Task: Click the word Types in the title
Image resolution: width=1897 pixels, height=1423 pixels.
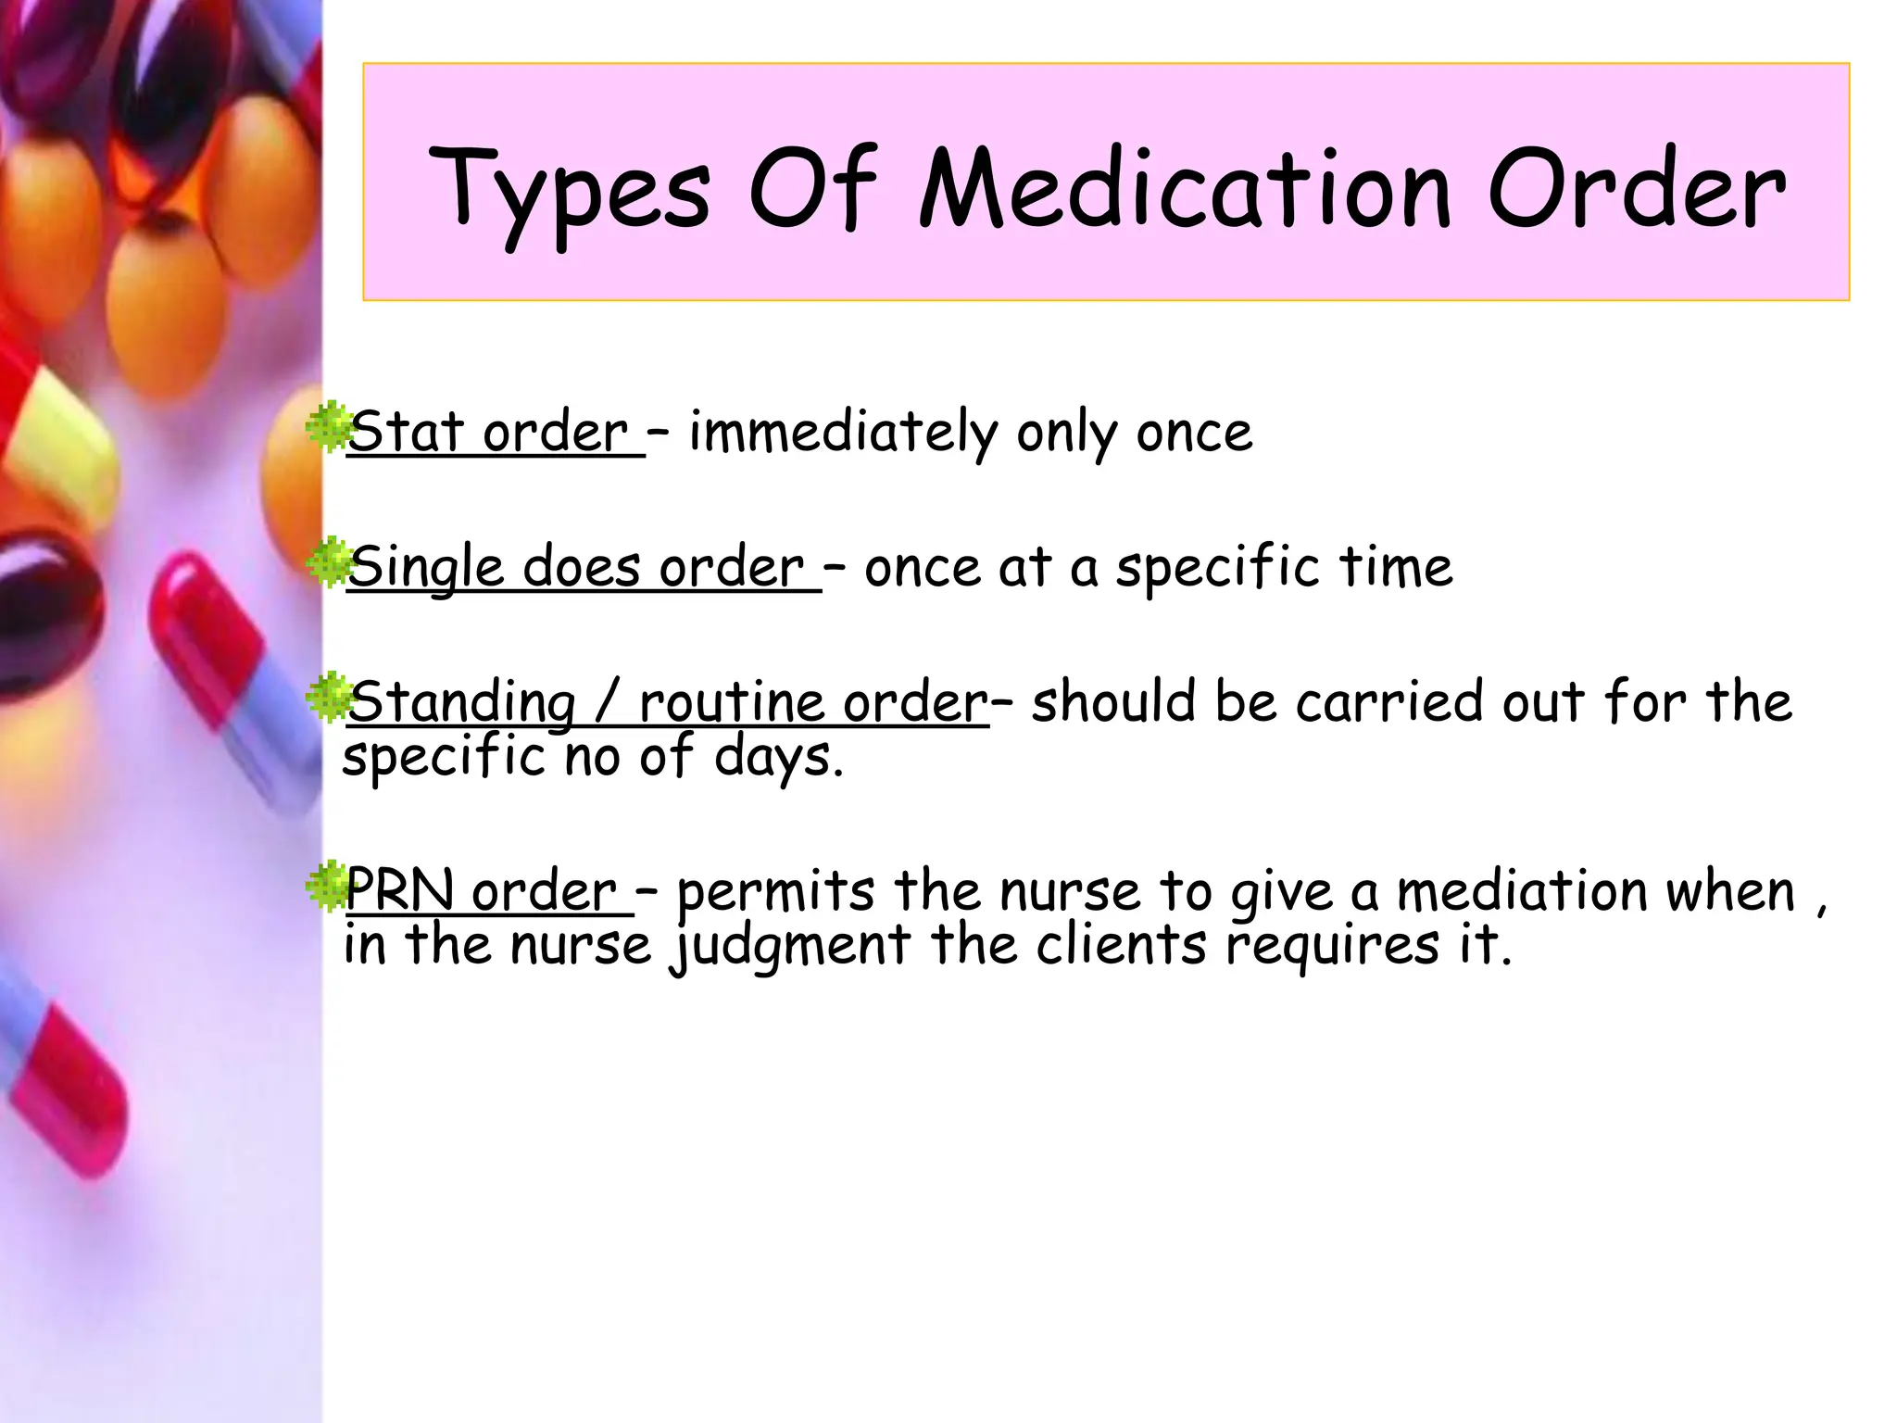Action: [569, 193]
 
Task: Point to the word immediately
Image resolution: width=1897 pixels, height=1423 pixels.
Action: [842, 433]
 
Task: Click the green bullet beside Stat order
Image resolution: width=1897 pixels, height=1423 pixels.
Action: [327, 427]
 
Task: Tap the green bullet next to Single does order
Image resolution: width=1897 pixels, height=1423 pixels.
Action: [327, 562]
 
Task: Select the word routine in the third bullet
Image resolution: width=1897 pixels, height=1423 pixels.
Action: [731, 701]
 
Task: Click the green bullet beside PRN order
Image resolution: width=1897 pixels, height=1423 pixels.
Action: [327, 887]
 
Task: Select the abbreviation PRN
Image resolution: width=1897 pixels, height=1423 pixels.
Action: [399, 890]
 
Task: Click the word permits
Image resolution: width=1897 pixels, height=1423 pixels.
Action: [775, 892]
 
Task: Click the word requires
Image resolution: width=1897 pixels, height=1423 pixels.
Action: [1333, 946]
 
